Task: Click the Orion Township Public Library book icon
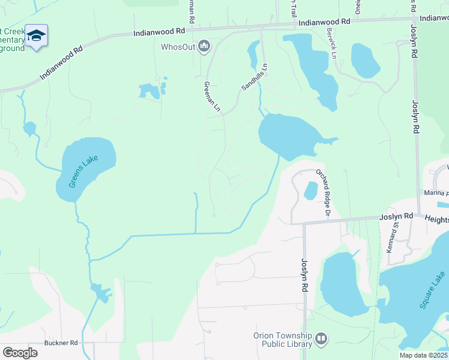[x=321, y=339]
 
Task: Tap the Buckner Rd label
[x=61, y=343]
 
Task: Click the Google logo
[x=20, y=352]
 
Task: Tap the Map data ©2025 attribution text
[x=423, y=355]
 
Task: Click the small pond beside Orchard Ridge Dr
[x=311, y=191]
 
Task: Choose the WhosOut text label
[x=178, y=46]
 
